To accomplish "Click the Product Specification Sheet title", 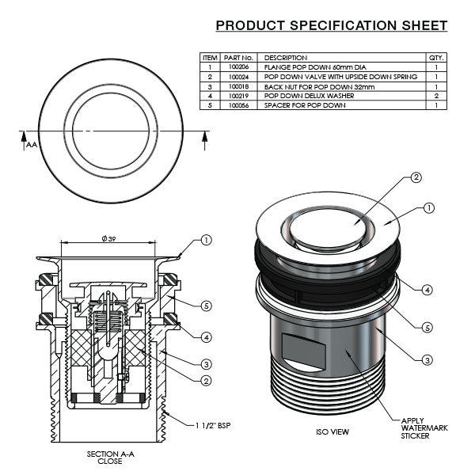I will pyautogui.click(x=332, y=26).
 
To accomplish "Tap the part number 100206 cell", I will pyautogui.click(x=237, y=68).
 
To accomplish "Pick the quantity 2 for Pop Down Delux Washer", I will pyautogui.click(x=436, y=96).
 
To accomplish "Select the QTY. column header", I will pyautogui.click(x=436, y=58).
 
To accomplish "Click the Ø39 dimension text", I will pyautogui.click(x=109, y=239).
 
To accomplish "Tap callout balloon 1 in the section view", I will pyautogui.click(x=206, y=240).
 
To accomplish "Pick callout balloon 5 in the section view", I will pyautogui.click(x=206, y=304).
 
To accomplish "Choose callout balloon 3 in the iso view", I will pyautogui.click(x=427, y=360).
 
